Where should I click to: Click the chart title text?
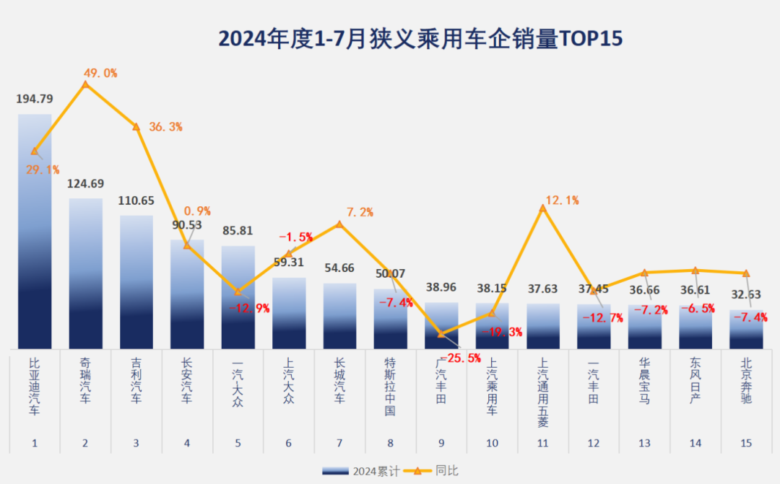click(x=420, y=38)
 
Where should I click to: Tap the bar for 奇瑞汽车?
click(x=85, y=274)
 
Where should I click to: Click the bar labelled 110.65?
click(x=136, y=281)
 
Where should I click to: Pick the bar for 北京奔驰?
click(x=746, y=330)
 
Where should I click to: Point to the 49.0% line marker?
click(x=85, y=84)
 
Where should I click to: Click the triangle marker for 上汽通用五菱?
click(x=543, y=208)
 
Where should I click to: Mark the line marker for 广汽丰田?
click(x=441, y=333)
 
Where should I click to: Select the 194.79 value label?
click(x=35, y=99)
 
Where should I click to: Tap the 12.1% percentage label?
click(x=563, y=201)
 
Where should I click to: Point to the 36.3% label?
click(x=165, y=127)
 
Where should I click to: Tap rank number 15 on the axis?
click(x=746, y=443)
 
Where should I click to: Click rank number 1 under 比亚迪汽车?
click(x=35, y=443)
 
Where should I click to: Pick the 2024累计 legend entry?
click(x=361, y=472)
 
